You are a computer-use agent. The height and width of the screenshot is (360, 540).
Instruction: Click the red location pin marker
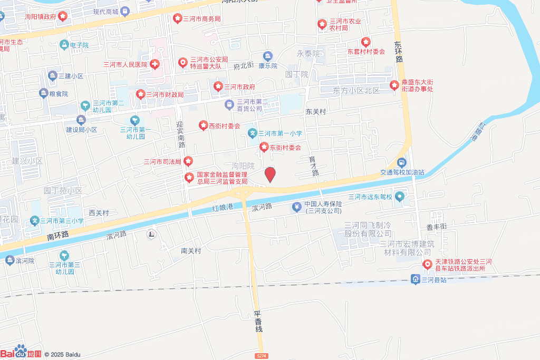point(270,174)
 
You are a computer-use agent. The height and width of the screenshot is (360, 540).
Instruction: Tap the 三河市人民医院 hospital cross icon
point(155,64)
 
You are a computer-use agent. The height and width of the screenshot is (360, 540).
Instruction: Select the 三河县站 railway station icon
point(416,279)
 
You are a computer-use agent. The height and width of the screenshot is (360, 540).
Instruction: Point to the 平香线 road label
point(259,321)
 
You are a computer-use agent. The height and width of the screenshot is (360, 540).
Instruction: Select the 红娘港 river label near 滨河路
point(222,207)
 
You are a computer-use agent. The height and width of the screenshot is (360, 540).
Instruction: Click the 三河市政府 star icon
point(218,86)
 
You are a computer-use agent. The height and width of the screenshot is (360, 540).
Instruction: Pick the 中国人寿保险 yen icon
point(297,207)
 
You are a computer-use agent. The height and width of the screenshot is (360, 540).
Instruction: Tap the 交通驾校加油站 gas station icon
point(402,163)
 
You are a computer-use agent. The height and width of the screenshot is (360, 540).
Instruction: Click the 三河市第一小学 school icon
point(253,133)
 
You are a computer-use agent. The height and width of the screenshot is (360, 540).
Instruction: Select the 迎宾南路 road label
point(180,134)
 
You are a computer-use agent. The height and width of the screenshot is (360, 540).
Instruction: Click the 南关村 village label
point(191,251)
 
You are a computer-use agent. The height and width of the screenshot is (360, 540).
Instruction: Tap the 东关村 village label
point(316,112)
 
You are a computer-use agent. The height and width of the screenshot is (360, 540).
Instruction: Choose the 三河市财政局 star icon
point(141,94)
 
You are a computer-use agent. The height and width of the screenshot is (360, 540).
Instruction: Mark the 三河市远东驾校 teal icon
point(400,197)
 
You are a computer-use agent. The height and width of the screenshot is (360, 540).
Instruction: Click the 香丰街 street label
point(437,226)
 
